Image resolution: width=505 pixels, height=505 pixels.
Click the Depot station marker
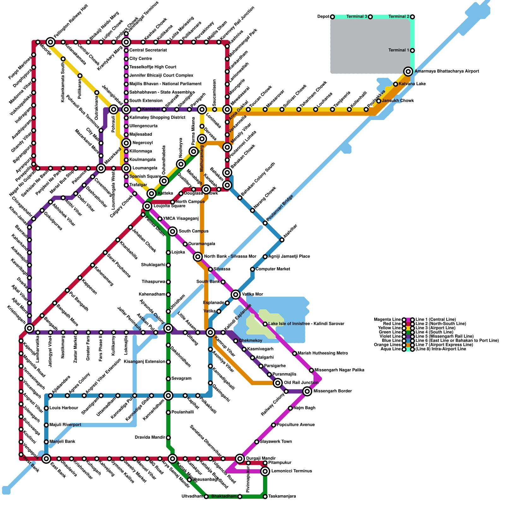tap(332, 17)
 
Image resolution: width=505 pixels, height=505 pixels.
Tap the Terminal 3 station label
tap(357, 16)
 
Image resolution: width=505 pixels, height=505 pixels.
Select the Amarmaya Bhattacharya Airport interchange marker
tap(408, 71)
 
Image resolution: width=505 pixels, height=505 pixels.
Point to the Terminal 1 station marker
tap(412, 50)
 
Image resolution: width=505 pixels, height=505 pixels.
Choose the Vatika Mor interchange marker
tap(235, 294)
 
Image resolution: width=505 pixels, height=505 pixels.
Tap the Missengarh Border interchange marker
tap(307, 391)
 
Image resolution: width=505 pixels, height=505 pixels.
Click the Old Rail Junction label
tap(301, 383)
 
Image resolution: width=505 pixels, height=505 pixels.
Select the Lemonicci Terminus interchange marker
tap(265, 471)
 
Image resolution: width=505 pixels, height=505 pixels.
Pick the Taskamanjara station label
tap(282, 496)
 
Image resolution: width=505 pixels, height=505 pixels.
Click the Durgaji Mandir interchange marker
tap(240, 458)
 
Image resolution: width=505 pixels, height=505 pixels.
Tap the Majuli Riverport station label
tap(65, 425)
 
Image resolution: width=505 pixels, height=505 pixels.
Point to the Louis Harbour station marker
tap(46, 408)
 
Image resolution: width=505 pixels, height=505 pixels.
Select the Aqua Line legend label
tap(391, 349)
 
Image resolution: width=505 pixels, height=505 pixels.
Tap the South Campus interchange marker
tap(172, 231)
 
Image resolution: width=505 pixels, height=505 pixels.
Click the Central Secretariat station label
tap(148, 50)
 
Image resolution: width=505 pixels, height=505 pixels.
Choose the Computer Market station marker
tap(252, 269)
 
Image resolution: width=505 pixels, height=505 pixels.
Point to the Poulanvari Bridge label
tap(280, 208)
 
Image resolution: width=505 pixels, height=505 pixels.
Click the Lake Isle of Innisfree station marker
tap(265, 324)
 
